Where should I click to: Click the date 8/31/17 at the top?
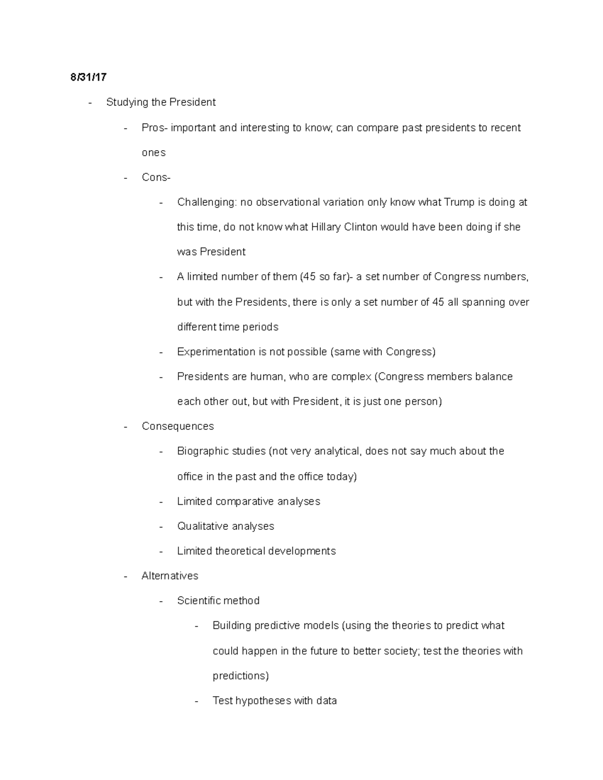point(88,77)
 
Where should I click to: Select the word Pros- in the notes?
point(154,128)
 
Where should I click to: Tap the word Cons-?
point(156,177)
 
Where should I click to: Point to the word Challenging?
point(207,202)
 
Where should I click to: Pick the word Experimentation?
point(216,352)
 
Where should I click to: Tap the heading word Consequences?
point(178,426)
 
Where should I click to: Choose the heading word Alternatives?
point(170,576)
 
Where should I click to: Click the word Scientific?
point(198,601)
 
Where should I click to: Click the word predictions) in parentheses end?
point(241,676)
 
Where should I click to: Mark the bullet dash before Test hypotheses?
point(197,701)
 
